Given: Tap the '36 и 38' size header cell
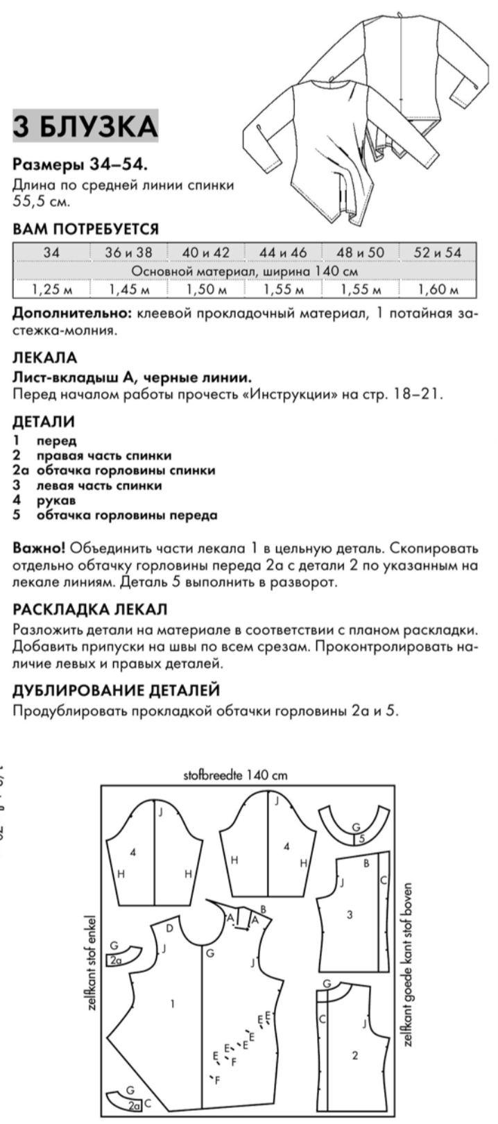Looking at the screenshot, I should click(128, 253).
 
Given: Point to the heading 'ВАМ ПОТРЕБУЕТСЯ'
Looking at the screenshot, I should click(86, 229).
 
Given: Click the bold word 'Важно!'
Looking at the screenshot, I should click(39, 548).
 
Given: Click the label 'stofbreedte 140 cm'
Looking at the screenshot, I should click(235, 775).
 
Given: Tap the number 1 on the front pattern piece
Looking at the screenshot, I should click(173, 1002).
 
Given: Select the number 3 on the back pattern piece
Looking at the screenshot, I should click(350, 914).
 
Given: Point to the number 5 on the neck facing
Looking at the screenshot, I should click(362, 838).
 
